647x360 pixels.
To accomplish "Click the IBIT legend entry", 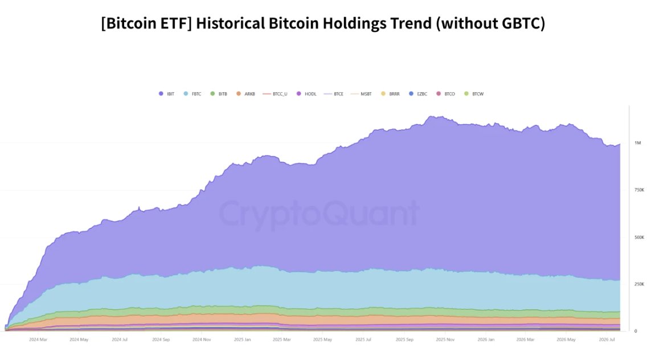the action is (167, 94).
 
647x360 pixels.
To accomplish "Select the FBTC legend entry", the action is (193, 94).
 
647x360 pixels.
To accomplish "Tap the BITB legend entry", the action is (219, 94).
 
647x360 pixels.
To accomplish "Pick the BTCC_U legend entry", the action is (275, 94).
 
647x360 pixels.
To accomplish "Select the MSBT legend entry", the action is (361, 94).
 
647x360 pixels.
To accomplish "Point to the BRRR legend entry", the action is (390, 94).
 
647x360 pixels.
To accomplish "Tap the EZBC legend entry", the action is (418, 94).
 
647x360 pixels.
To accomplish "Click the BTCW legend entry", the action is (474, 94).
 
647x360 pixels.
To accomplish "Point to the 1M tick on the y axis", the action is (637, 143).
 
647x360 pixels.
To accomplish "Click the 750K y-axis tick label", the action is (639, 190).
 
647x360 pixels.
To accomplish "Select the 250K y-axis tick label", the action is (639, 284).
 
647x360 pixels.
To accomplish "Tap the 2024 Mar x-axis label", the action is (38, 339).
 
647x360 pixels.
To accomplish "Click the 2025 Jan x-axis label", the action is (242, 339).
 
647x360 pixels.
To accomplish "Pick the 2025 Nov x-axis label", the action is (445, 339).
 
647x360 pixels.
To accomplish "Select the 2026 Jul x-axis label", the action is (607, 339).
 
